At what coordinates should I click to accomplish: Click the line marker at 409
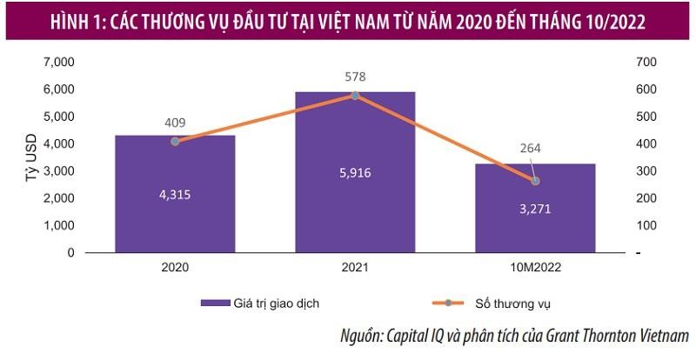[175, 141]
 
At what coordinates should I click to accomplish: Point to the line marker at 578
[355, 95]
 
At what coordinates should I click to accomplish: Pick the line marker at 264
[535, 181]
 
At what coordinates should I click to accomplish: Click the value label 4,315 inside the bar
[175, 194]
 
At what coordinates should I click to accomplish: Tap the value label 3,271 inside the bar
[535, 209]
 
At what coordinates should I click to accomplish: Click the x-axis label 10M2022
[535, 268]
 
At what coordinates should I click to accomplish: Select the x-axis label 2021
[355, 268]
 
